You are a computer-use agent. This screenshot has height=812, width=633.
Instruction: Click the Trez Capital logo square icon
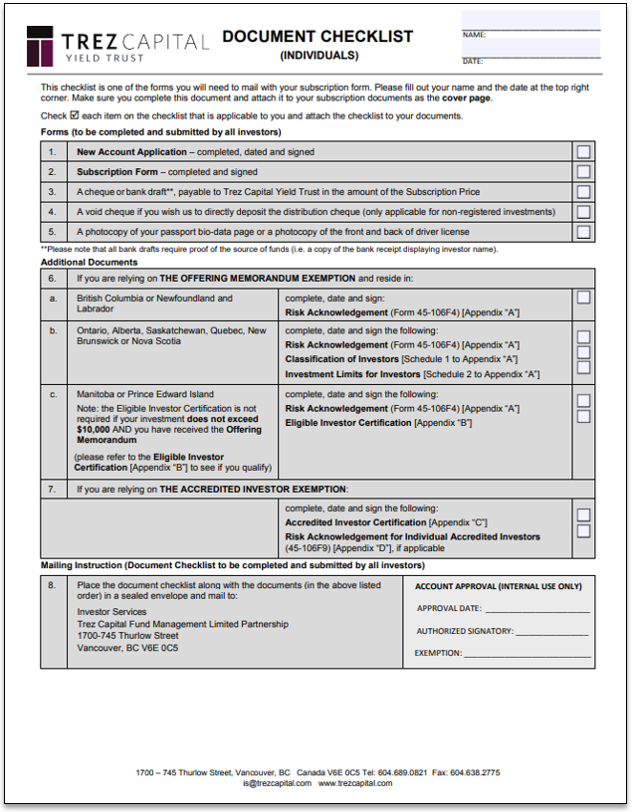(41, 45)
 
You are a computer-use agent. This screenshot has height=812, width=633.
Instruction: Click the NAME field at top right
(530, 22)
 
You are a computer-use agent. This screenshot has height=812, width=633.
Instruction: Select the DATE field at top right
(530, 49)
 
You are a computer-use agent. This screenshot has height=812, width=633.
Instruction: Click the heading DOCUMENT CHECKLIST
(317, 37)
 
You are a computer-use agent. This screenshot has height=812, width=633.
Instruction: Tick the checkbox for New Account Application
(583, 152)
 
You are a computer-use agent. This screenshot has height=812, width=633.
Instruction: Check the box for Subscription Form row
(583, 172)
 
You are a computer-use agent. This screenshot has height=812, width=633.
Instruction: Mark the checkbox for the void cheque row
(583, 212)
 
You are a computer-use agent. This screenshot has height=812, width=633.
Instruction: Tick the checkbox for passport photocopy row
(583, 232)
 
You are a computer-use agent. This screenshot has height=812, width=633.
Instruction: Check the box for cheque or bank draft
(583, 192)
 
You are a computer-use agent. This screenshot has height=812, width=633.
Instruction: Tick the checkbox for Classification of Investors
(583, 352)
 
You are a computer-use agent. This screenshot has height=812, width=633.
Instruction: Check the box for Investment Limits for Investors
(583, 367)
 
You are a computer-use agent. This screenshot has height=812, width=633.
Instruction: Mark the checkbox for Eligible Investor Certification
(583, 416)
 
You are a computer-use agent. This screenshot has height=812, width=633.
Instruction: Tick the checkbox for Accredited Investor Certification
(583, 515)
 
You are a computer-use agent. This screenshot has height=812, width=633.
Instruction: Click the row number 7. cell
(53, 489)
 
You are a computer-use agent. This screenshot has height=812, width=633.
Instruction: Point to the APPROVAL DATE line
(537, 608)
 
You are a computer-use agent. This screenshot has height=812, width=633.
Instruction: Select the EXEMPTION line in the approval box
(527, 654)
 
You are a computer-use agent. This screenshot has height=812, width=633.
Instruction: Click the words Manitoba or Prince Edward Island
(145, 394)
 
